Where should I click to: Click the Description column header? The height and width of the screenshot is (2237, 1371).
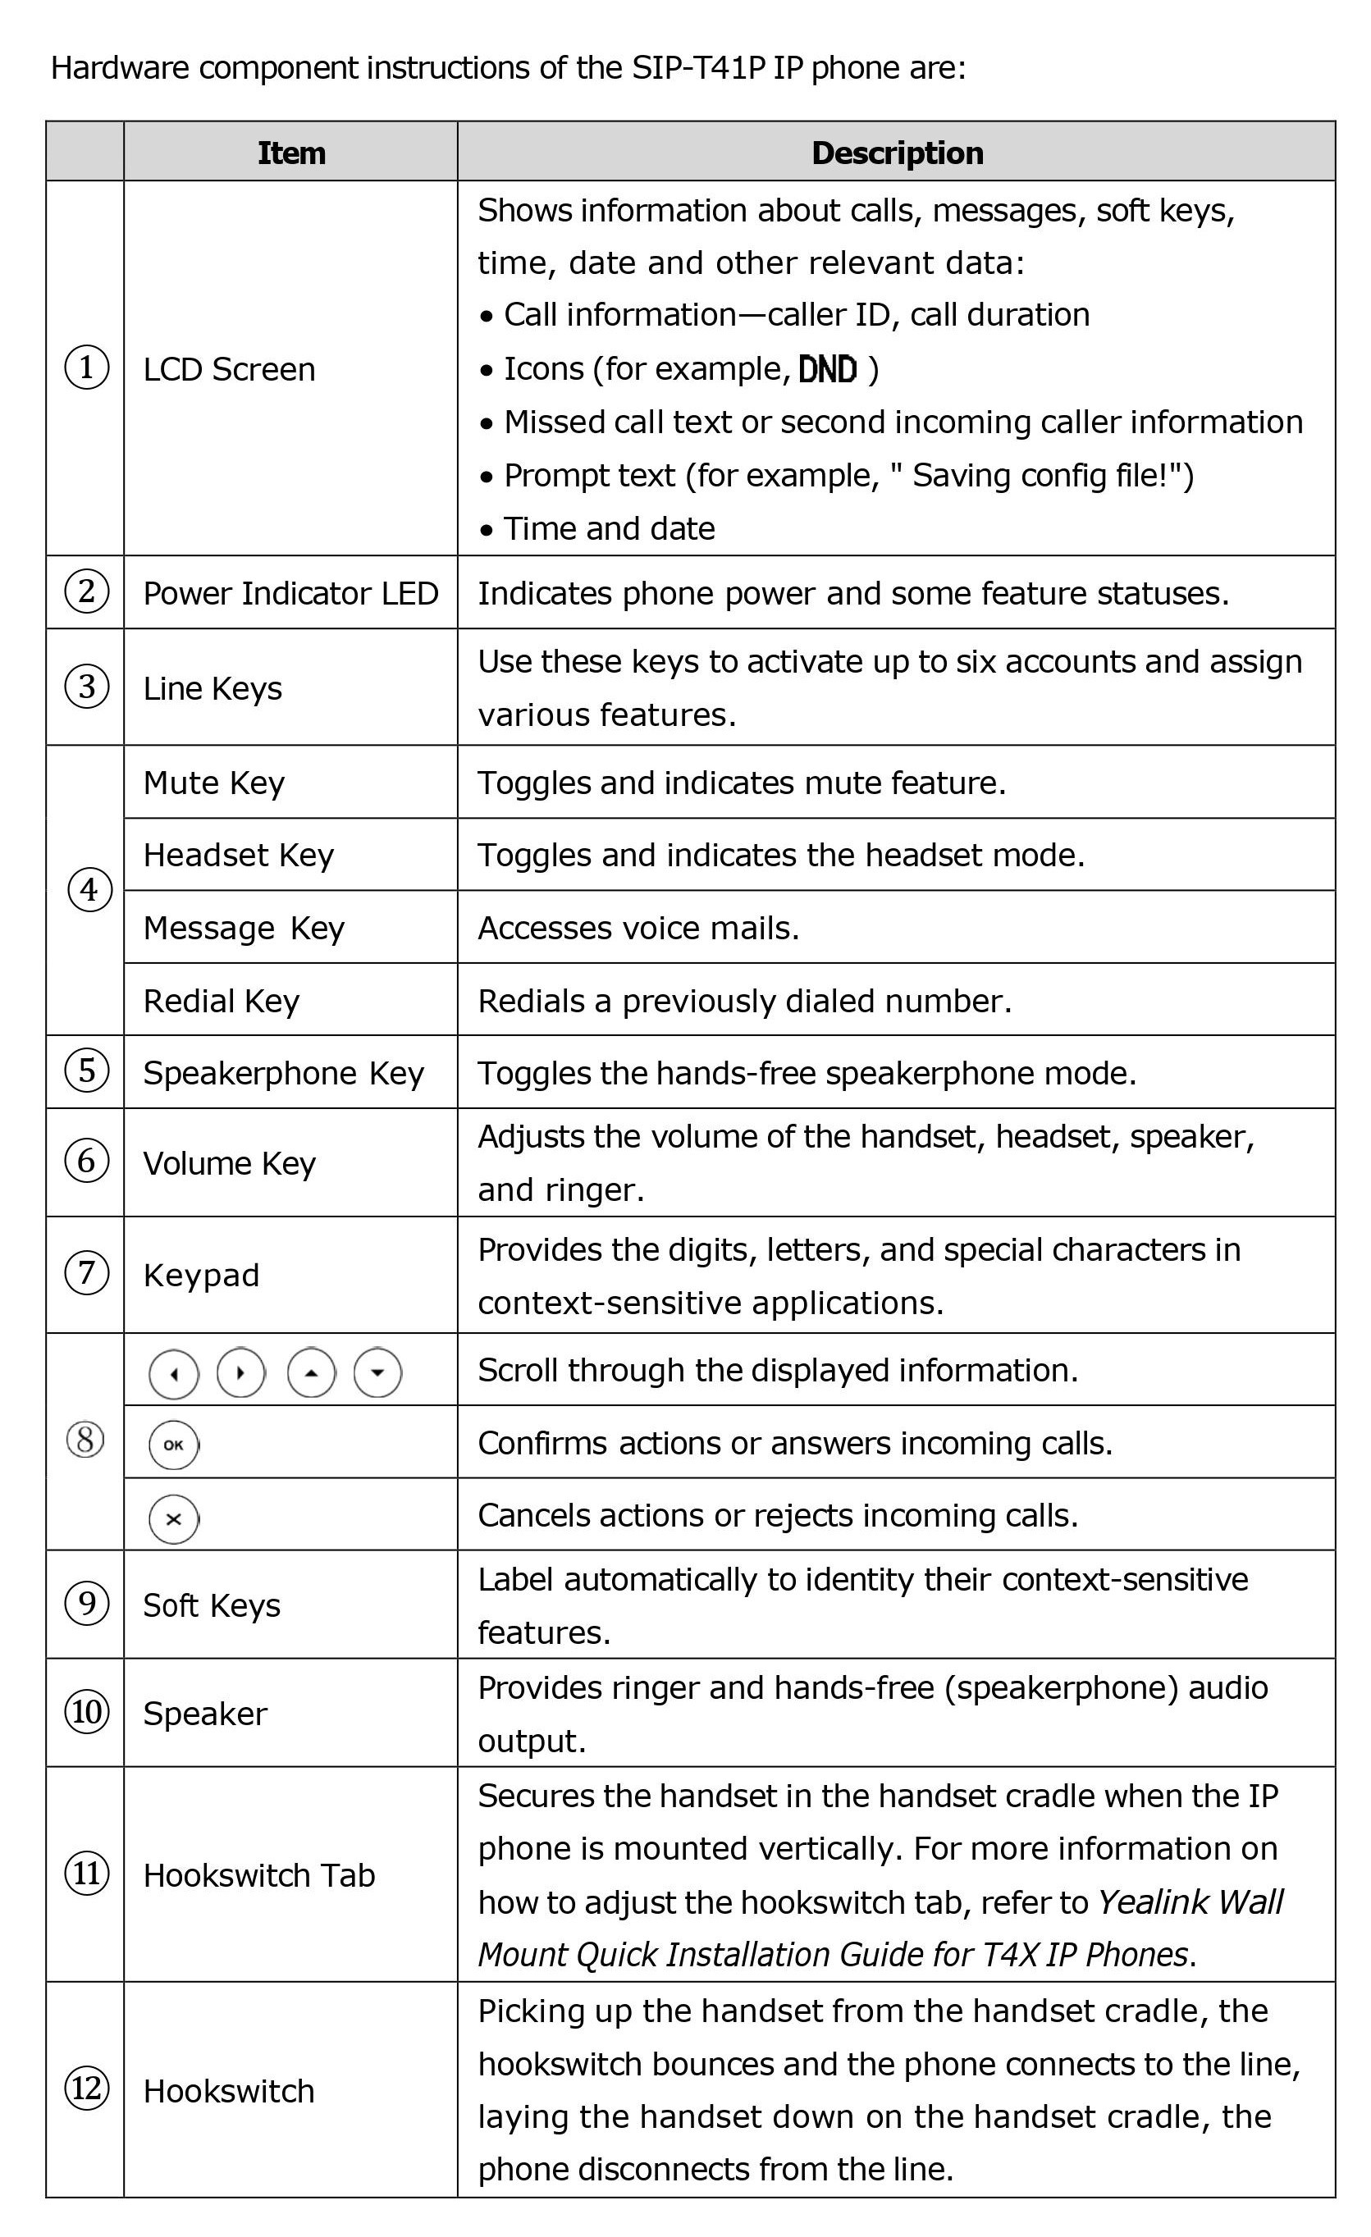pyautogui.click(x=896, y=153)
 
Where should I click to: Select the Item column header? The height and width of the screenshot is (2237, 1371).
pyautogui.click(x=290, y=153)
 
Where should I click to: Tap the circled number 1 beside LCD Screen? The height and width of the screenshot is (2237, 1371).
pyautogui.click(x=86, y=368)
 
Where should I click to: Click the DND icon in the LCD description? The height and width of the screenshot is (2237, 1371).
pyautogui.click(x=827, y=368)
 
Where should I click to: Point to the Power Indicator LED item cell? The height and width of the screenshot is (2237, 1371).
pyautogui.click(x=290, y=593)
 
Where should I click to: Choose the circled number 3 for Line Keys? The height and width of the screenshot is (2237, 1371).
pyautogui.click(x=86, y=687)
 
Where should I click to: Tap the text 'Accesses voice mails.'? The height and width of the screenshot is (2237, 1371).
pyautogui.click(x=638, y=928)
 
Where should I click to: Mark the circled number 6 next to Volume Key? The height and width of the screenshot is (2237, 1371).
pyautogui.click(x=86, y=1162)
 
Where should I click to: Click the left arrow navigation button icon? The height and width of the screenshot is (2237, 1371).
pyautogui.click(x=173, y=1373)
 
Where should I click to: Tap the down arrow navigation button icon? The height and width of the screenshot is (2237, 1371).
pyautogui.click(x=377, y=1372)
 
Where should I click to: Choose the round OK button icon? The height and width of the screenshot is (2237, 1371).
pyautogui.click(x=173, y=1445)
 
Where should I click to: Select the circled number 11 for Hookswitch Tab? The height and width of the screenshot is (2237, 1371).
pyautogui.click(x=86, y=1873)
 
